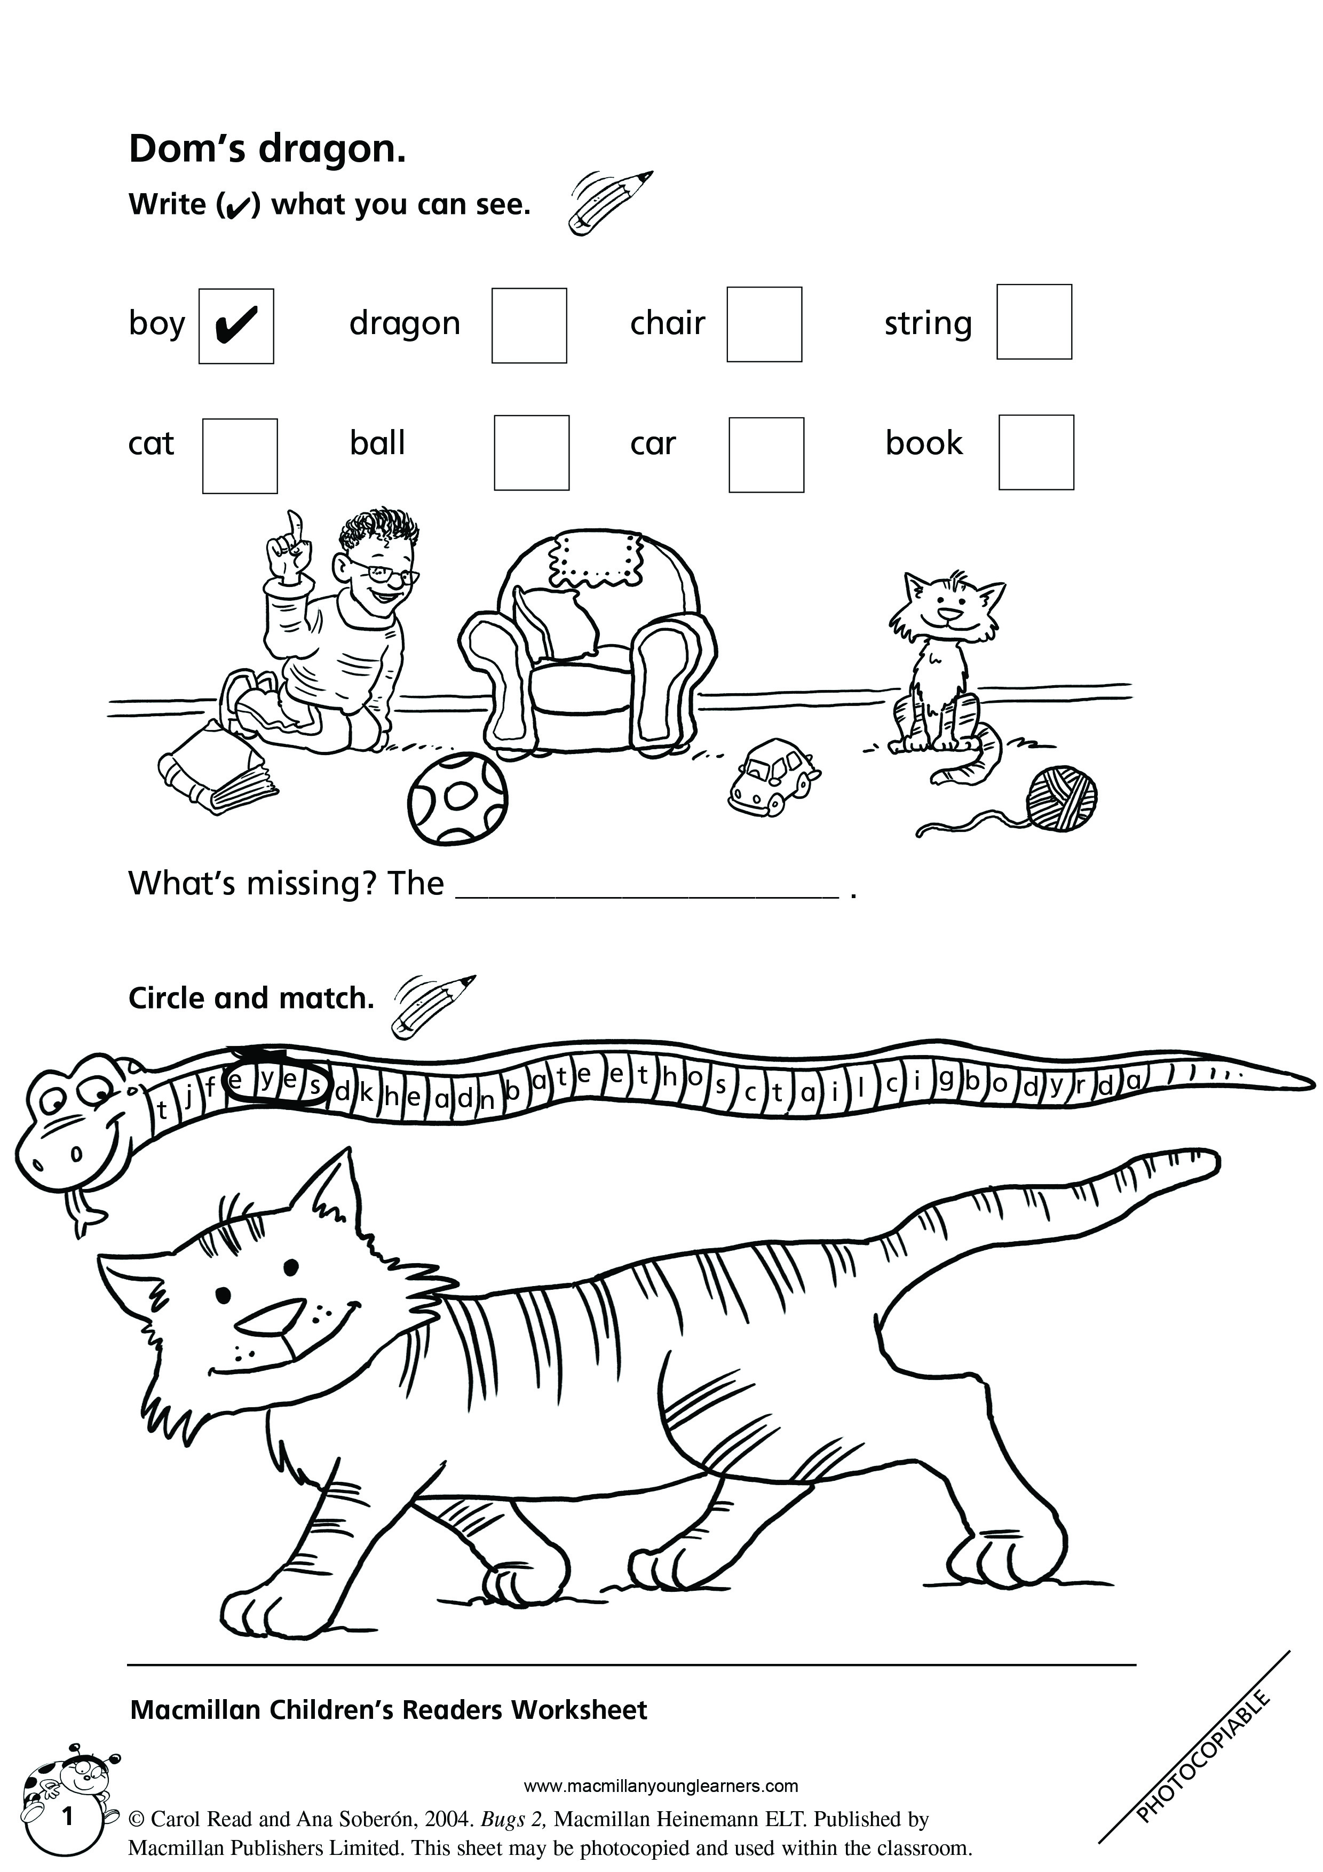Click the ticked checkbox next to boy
[x=236, y=326]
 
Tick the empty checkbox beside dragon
[x=529, y=326]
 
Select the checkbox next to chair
[x=765, y=324]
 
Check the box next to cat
[x=240, y=456]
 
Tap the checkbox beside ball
[x=532, y=453]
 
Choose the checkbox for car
[x=766, y=455]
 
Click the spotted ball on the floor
[x=458, y=798]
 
